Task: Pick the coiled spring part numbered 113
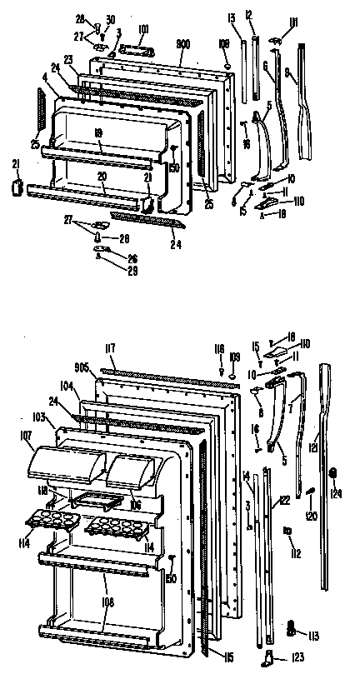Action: [x=292, y=625]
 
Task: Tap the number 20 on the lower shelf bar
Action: [x=102, y=178]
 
